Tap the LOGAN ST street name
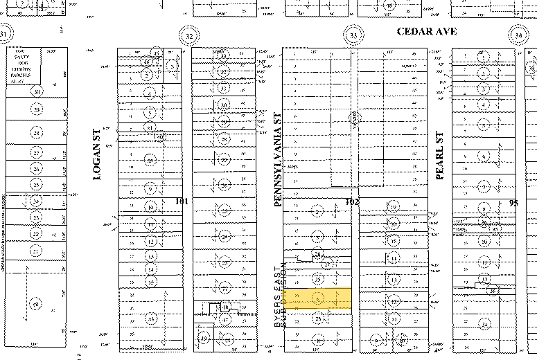(97, 155)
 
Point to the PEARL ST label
(439, 156)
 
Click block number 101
(181, 201)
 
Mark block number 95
(513, 202)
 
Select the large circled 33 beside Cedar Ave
(353, 35)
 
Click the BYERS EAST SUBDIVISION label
(282, 298)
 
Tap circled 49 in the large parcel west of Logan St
(35, 303)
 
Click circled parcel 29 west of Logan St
(35, 110)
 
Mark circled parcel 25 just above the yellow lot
(317, 279)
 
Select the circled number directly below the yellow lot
(318, 318)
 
